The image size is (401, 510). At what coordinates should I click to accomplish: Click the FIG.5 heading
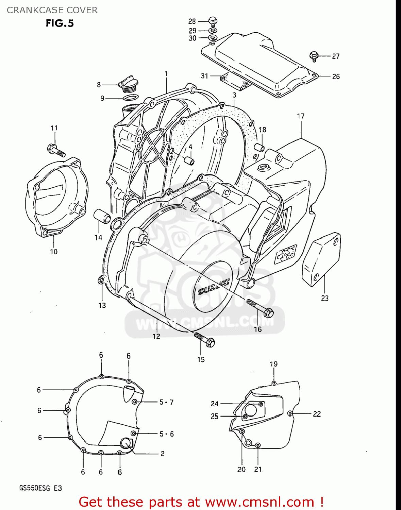(60, 23)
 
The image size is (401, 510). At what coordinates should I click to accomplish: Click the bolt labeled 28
(213, 21)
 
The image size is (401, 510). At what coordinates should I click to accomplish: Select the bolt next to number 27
(314, 56)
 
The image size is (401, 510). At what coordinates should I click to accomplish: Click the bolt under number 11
(56, 150)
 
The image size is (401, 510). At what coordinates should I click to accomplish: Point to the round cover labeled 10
(56, 197)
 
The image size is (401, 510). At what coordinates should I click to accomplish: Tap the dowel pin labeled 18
(260, 149)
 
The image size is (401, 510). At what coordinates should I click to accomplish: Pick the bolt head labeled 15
(210, 342)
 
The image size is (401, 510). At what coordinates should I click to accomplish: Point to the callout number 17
(301, 116)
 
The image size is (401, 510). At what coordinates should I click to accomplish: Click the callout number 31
(204, 76)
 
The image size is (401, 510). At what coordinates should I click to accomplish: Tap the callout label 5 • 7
(167, 402)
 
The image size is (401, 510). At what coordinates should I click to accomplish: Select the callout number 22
(317, 414)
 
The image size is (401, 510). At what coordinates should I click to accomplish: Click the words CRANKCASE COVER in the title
(52, 10)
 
